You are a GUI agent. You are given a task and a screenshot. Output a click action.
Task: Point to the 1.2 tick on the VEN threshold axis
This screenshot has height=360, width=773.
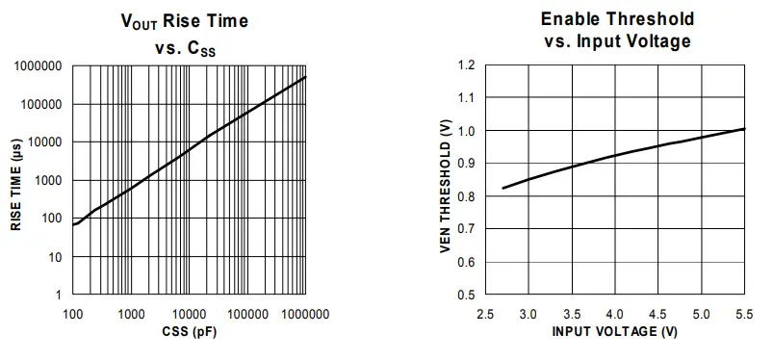pyautogui.click(x=467, y=65)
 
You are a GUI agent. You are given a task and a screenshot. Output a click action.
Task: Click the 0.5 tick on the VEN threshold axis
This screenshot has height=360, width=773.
pyautogui.click(x=467, y=295)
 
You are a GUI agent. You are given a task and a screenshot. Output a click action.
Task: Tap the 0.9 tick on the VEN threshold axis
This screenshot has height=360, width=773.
pyautogui.click(x=467, y=164)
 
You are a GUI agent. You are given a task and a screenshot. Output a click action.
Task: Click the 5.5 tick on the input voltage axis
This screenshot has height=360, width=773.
pyautogui.click(x=745, y=315)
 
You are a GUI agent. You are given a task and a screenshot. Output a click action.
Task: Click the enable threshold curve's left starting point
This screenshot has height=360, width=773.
pyautogui.click(x=503, y=188)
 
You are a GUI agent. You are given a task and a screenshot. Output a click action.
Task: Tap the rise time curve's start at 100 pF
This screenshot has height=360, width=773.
pyautogui.click(x=73, y=224)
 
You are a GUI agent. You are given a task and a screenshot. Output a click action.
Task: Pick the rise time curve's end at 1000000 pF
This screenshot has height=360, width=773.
pyautogui.click(x=306, y=77)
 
